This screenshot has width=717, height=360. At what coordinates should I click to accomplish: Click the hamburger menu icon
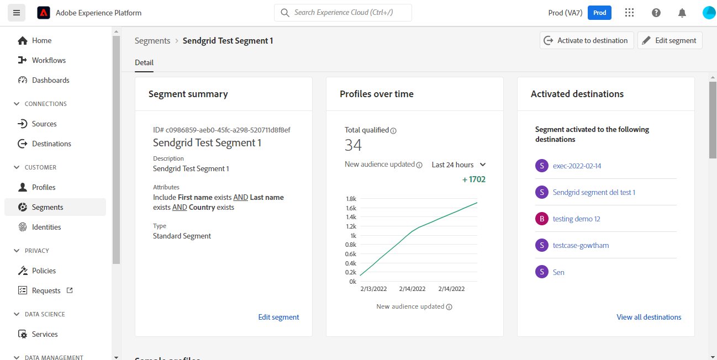[x=16, y=13]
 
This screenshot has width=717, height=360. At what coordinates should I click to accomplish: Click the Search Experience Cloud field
[x=343, y=13]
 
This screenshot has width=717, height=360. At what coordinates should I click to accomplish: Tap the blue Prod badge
[x=599, y=13]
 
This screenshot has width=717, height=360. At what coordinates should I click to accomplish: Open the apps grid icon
[x=629, y=13]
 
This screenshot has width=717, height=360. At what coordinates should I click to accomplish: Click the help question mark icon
[x=656, y=13]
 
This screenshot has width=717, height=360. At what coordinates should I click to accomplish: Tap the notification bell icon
[x=683, y=13]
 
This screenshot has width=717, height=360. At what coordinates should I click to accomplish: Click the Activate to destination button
[x=587, y=40]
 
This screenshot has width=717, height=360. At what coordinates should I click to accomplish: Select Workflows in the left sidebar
[x=49, y=60]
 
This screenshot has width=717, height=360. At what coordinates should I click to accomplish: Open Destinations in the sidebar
[x=51, y=144]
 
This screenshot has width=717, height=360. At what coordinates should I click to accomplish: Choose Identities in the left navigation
[x=46, y=227]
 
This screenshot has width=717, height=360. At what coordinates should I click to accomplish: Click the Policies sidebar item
[x=44, y=271]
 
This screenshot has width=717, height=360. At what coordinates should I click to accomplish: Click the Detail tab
[x=144, y=62]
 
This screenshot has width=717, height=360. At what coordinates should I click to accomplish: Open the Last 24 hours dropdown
[x=458, y=165]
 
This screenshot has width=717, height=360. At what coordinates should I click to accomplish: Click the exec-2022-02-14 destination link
[x=577, y=166]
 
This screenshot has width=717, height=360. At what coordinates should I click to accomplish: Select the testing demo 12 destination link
[x=576, y=219]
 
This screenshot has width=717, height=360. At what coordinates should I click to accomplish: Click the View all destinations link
[x=649, y=317]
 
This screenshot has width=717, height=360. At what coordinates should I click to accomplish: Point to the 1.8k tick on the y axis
[x=351, y=199]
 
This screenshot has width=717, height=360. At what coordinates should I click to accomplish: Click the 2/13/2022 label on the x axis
[x=373, y=289]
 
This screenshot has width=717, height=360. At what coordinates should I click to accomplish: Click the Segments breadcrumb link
[x=152, y=40]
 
